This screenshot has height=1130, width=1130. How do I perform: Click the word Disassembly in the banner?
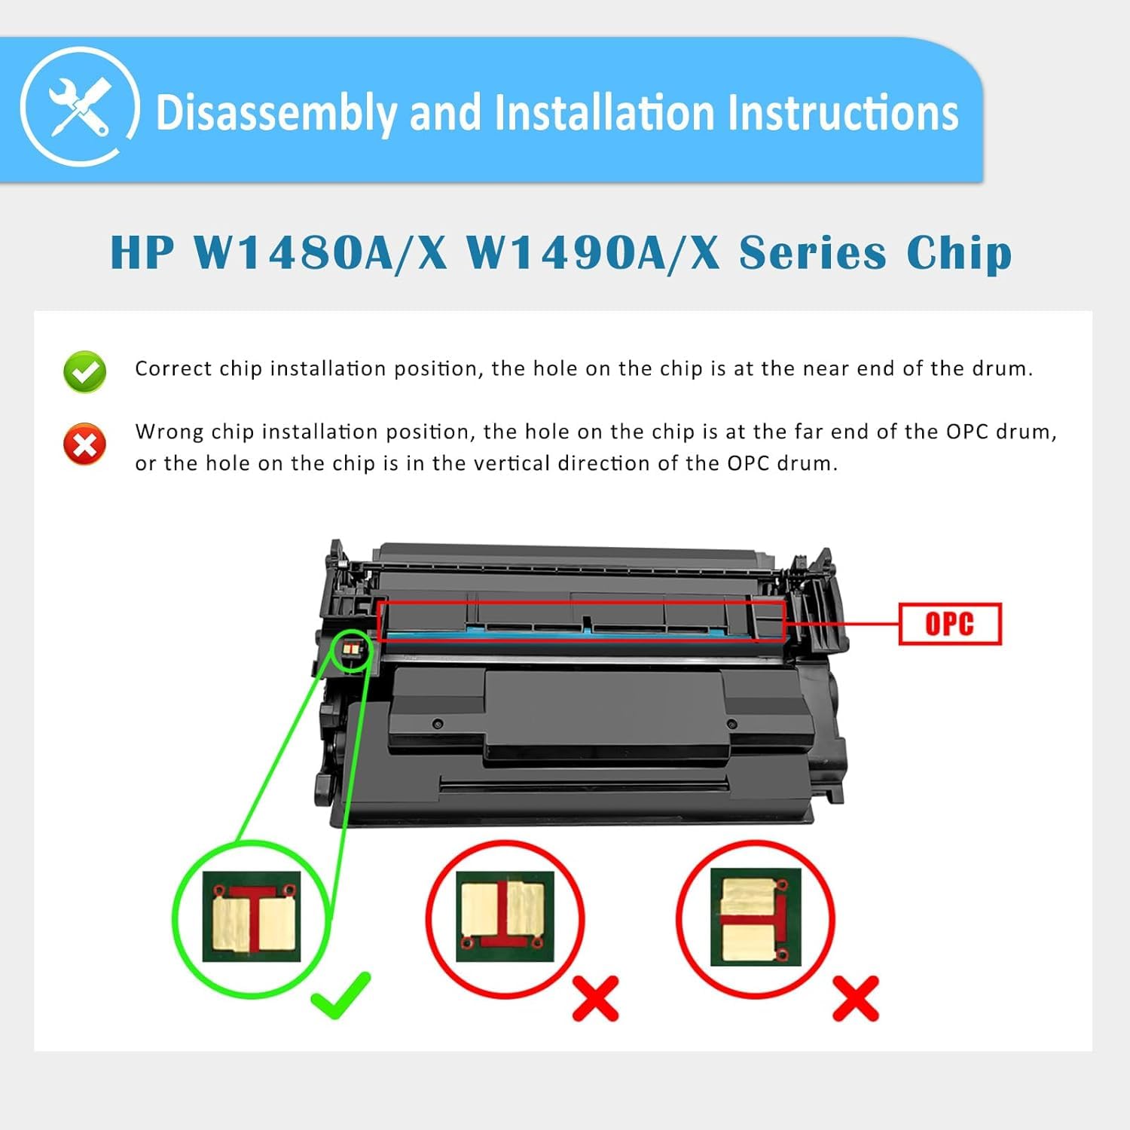point(275,113)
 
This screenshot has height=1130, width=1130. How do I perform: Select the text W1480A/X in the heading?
point(320,252)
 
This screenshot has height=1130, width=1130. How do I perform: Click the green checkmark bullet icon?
point(85,371)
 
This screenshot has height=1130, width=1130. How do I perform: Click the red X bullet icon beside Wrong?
point(85,444)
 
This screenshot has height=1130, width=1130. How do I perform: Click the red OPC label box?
point(950,624)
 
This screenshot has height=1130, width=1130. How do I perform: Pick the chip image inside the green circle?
point(252,917)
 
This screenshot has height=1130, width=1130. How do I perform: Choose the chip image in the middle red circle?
point(505,917)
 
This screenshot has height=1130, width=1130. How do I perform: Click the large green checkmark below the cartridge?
point(341,994)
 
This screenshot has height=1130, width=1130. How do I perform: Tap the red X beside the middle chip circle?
point(595,998)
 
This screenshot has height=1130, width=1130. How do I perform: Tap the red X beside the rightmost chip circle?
point(855,998)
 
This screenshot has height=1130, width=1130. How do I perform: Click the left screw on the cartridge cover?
point(438,724)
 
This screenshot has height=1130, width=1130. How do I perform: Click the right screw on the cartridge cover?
point(731,724)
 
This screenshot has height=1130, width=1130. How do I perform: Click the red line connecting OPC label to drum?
point(842,624)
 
